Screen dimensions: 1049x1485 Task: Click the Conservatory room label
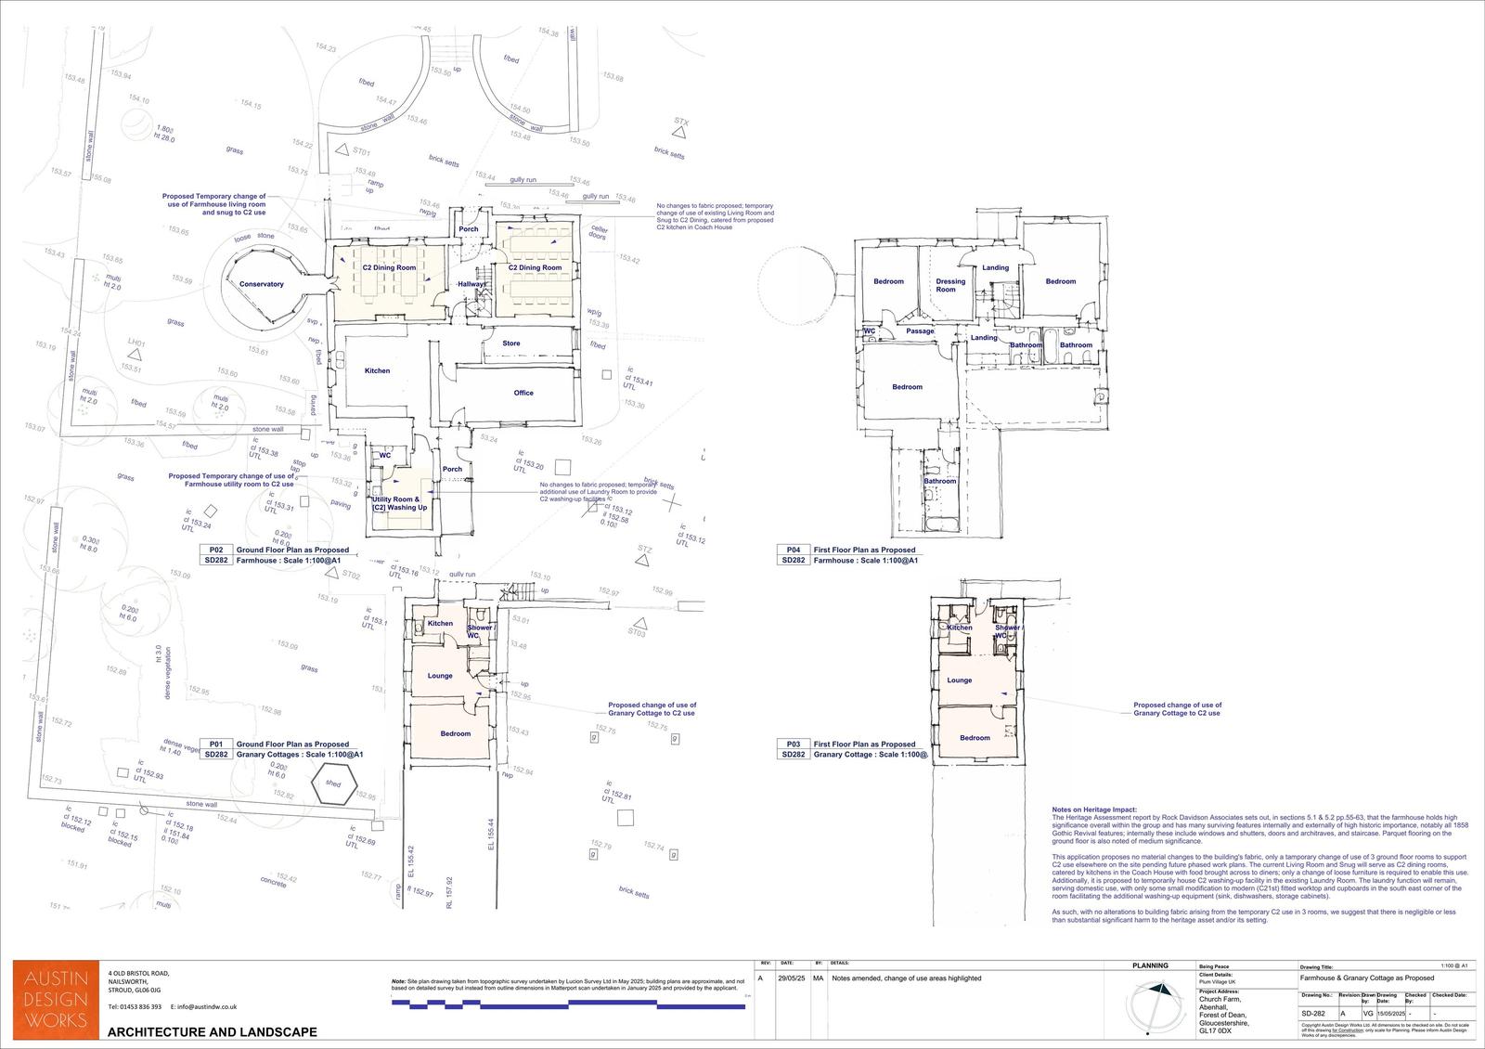(x=261, y=284)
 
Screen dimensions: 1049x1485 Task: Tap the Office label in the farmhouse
(x=523, y=393)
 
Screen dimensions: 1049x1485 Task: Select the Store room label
(x=511, y=343)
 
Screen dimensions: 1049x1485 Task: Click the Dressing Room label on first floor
(x=950, y=285)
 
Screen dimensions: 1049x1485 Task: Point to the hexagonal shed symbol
(x=333, y=784)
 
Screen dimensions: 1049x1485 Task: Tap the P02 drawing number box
(x=215, y=550)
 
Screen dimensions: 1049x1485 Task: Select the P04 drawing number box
(x=793, y=550)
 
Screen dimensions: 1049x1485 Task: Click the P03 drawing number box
(x=793, y=745)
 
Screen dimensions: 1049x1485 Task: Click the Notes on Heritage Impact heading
(x=1093, y=809)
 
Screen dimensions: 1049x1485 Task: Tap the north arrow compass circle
(x=1156, y=1006)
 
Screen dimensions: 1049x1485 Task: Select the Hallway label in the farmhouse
(x=472, y=284)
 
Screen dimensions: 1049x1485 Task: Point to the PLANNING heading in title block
(x=1150, y=965)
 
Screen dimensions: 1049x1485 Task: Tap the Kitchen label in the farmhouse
(x=377, y=371)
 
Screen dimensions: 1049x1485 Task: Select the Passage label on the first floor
(x=920, y=331)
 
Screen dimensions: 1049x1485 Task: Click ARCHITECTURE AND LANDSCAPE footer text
(x=213, y=1032)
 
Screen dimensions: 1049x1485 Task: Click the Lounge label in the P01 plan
(x=440, y=676)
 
